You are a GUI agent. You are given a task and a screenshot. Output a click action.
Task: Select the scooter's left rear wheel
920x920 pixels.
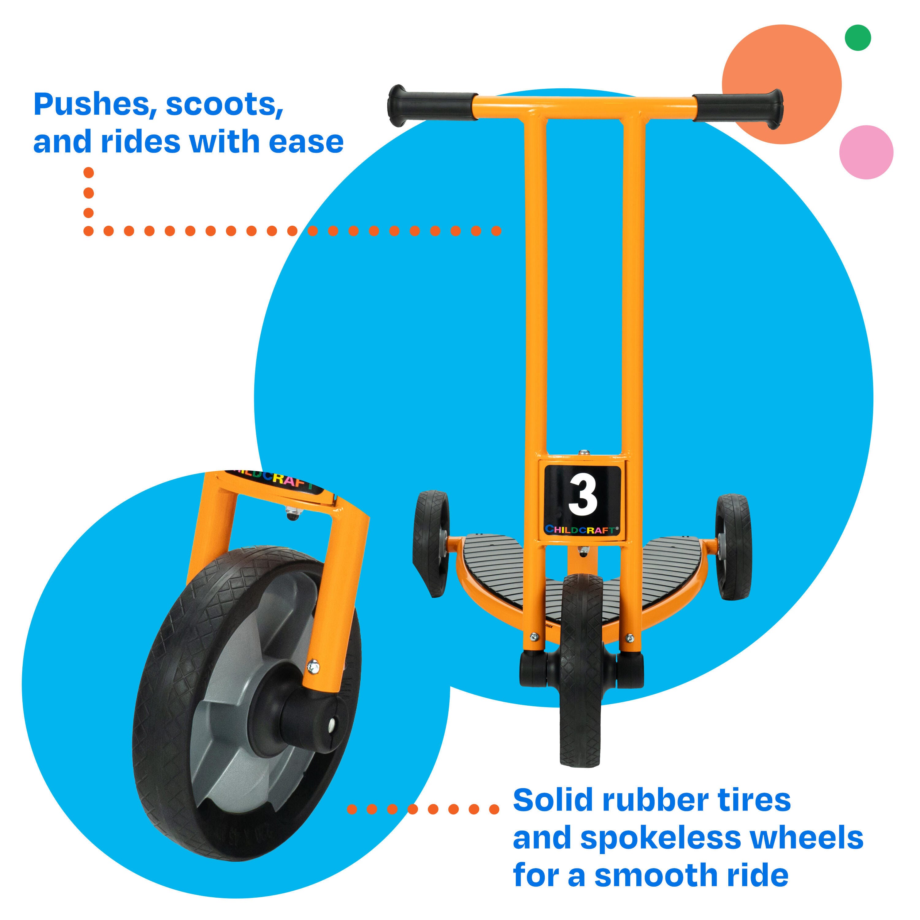pyautogui.click(x=431, y=543)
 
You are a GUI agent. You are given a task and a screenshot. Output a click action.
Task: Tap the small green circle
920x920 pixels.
pyautogui.click(x=858, y=38)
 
